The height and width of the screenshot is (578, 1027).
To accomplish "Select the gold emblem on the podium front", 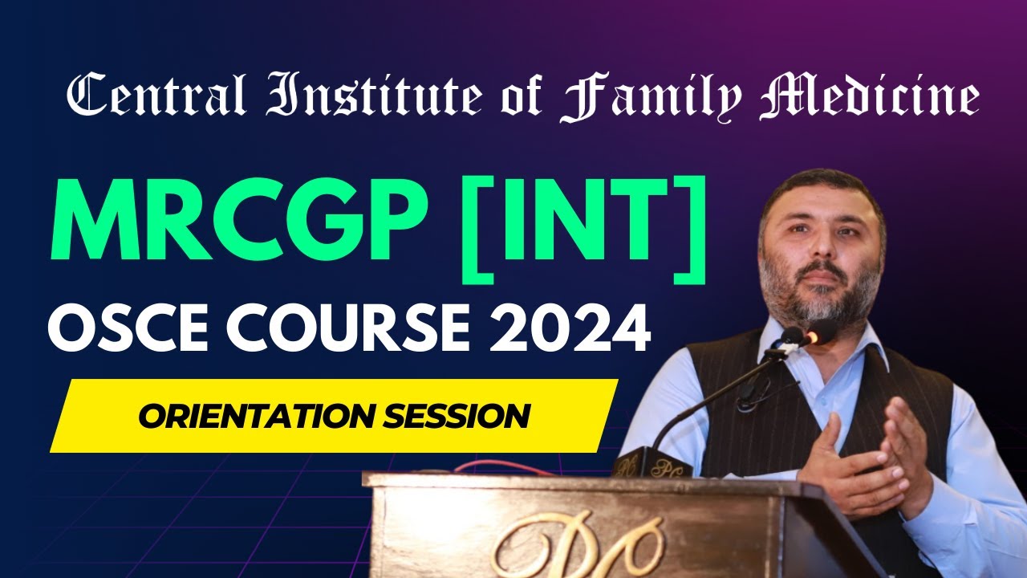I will tap(578, 546).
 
